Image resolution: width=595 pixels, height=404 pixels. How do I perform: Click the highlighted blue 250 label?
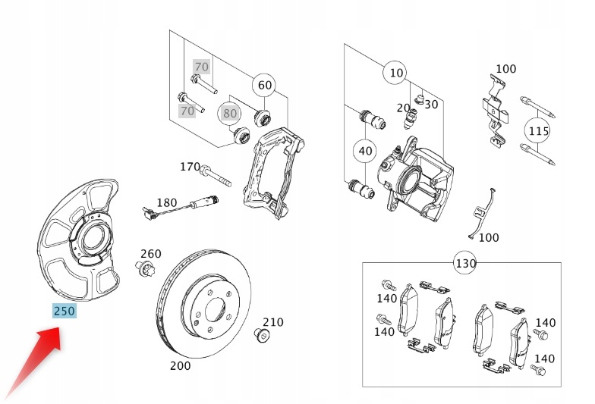tap(64, 311)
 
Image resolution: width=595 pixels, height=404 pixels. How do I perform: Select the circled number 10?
tap(396, 73)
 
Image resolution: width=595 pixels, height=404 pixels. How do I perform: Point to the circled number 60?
tap(264, 85)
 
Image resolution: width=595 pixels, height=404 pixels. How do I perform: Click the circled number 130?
tap(465, 262)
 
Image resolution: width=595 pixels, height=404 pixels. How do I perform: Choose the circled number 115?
tap(538, 130)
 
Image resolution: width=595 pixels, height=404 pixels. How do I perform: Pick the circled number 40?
tap(365, 151)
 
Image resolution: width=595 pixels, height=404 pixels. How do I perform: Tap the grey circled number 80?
tap(229, 113)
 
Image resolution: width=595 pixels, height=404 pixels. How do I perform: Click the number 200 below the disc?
tap(181, 365)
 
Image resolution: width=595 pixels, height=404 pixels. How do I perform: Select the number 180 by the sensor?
tap(167, 203)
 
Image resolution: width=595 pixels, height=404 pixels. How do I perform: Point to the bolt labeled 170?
tap(216, 176)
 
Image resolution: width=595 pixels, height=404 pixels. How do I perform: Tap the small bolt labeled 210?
tap(262, 335)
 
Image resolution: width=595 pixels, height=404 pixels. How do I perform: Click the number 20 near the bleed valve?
tap(404, 108)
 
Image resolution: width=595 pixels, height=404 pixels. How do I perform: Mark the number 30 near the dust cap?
tap(431, 105)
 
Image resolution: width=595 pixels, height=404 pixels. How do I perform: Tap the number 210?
tap(273, 321)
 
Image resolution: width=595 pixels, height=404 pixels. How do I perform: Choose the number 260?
tap(150, 253)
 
